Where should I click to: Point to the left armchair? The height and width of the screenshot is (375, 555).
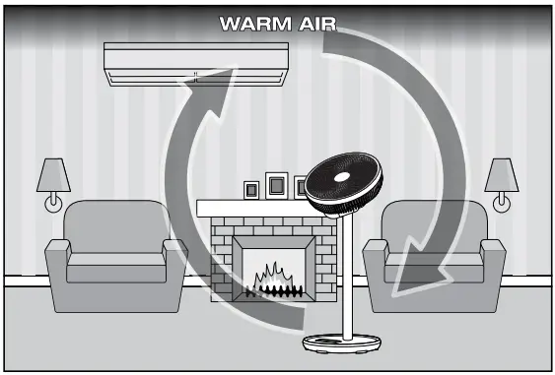click(x=116, y=251)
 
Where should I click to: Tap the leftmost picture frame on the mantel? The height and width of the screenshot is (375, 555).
click(x=250, y=189)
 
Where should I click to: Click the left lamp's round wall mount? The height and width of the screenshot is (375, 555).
click(x=53, y=204)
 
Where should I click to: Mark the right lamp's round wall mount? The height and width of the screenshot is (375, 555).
click(x=502, y=204)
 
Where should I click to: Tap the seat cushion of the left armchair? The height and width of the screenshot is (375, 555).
click(x=113, y=264)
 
